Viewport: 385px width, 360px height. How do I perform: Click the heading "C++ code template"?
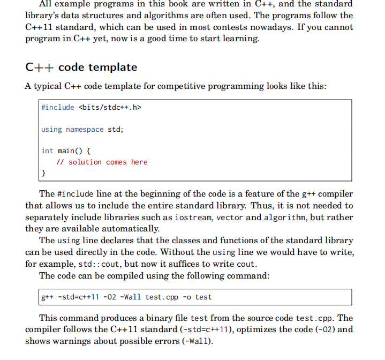coord(81,67)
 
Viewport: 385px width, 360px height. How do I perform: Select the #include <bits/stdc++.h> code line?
coord(91,107)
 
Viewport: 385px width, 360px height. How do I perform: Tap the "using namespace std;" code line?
coord(82,129)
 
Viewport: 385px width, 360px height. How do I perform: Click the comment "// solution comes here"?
coord(102,162)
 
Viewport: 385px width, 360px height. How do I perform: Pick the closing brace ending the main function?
coord(43,173)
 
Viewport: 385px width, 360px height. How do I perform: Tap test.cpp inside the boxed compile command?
coord(163,297)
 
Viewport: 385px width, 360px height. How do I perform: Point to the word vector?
coord(230,217)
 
